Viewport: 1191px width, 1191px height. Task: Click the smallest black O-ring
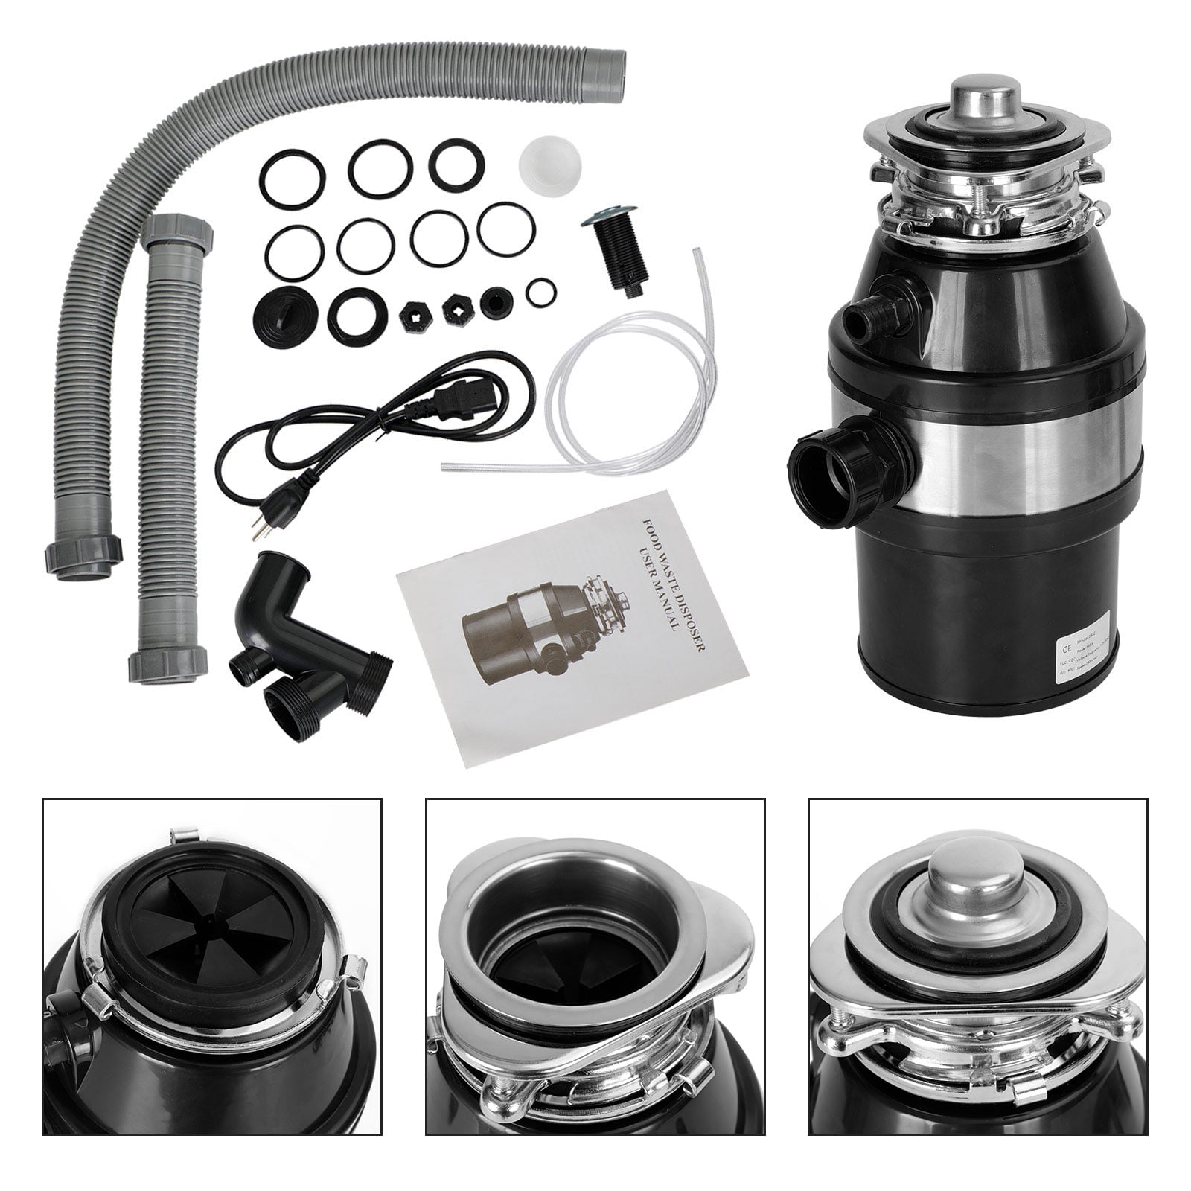pyautogui.click(x=540, y=293)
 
